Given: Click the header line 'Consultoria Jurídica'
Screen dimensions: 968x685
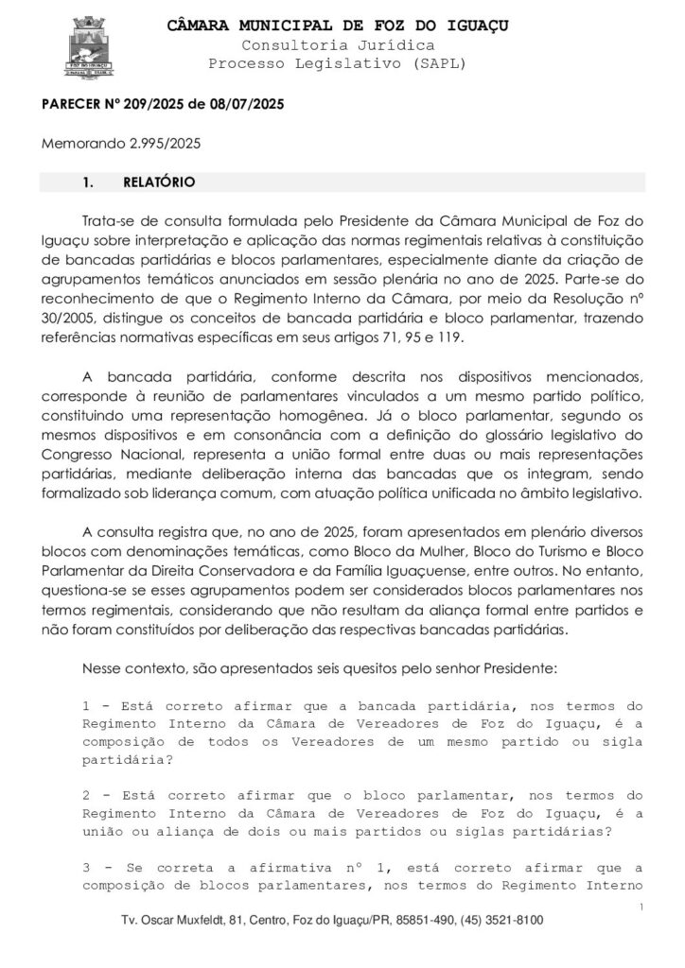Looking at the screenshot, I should tap(338, 44).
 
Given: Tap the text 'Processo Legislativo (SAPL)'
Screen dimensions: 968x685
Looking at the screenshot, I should tap(338, 62).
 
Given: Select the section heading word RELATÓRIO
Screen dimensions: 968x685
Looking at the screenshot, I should tap(159, 181).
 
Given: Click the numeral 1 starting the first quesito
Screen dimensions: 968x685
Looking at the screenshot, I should tap(86, 705).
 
